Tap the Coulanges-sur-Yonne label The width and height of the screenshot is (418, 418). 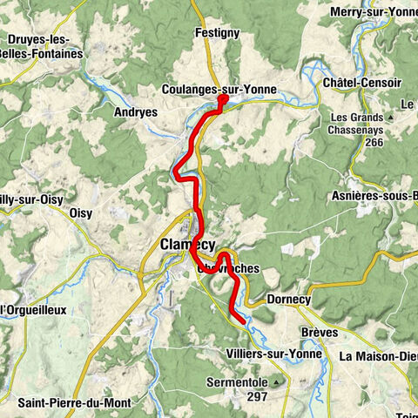tap(207, 89)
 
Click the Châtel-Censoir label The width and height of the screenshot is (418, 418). tap(361, 83)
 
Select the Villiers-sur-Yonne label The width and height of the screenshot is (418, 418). tap(274, 354)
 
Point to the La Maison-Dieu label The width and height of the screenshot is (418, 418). tap(378, 355)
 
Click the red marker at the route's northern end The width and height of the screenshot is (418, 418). tap(222, 100)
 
